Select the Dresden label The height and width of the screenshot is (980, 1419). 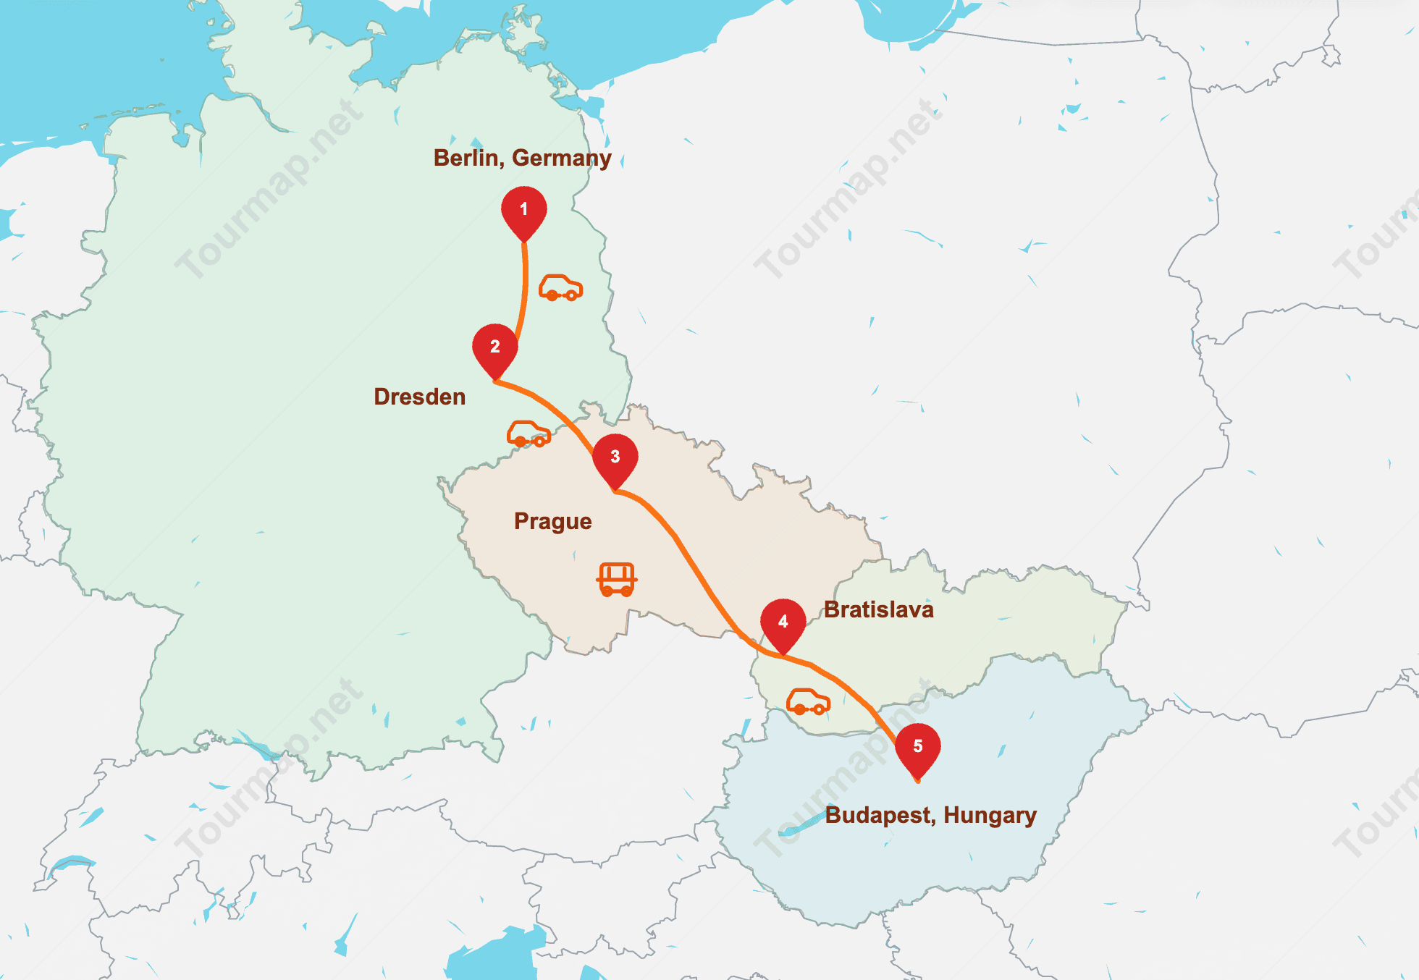coord(419,397)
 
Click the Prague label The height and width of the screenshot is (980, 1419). coord(552,521)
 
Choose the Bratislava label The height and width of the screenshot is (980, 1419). coord(878,609)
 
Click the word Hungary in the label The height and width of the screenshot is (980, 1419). coord(990,815)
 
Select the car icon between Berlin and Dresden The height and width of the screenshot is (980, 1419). coord(560,288)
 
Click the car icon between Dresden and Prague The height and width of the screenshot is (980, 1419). coord(529,434)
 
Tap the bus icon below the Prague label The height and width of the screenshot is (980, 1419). coord(617,579)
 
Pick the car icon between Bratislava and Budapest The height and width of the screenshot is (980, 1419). coord(808,702)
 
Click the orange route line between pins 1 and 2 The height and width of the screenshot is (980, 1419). coord(525,290)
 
